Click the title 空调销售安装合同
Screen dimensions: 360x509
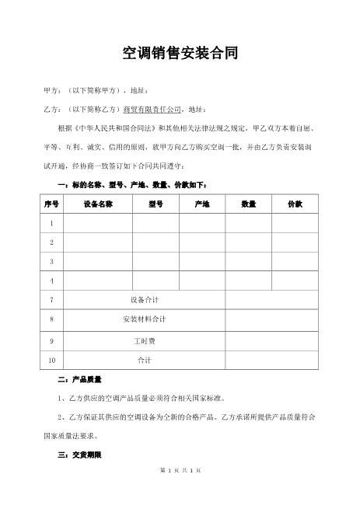[180, 53]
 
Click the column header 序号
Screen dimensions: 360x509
[52, 204]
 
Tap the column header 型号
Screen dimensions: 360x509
[155, 204]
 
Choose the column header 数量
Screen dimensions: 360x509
[248, 204]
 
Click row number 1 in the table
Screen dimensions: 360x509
[52, 224]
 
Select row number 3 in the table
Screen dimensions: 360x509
[52, 261]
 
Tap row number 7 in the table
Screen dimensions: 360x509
[52, 299]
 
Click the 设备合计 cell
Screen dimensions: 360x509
[145, 299]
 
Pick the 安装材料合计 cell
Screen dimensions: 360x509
[145, 319]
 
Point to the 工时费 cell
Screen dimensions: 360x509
[145, 340]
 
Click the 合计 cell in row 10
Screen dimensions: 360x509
[145, 361]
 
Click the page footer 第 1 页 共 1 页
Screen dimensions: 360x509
[180, 491]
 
